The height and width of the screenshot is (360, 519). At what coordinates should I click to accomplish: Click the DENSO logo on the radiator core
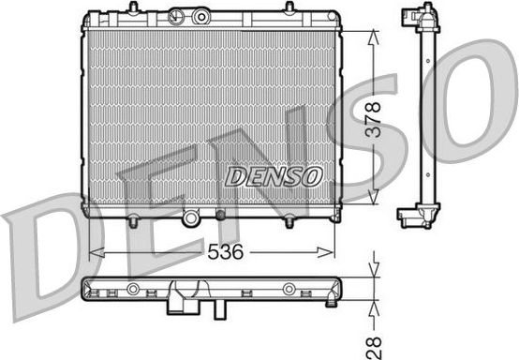274,176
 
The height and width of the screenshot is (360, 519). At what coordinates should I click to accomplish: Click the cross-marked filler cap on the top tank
174,17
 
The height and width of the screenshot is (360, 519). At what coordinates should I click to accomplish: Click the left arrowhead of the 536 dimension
94,251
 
